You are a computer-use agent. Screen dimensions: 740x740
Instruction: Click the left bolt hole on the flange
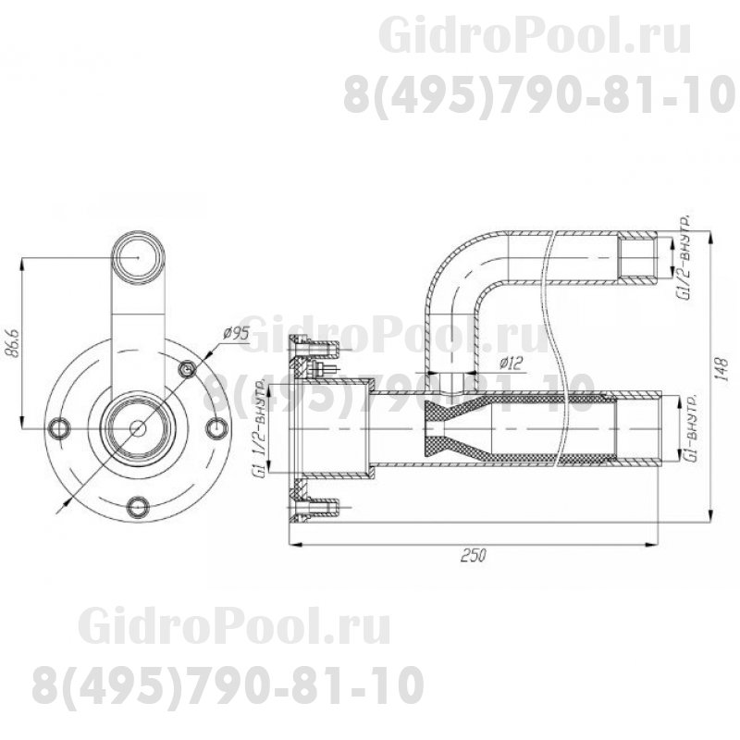[62, 426]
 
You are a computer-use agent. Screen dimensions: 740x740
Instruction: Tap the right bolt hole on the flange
[216, 426]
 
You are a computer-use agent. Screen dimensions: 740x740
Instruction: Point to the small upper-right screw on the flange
[189, 369]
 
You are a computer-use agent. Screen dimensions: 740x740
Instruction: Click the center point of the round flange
[139, 426]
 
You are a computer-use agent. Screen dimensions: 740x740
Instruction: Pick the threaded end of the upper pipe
[641, 258]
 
